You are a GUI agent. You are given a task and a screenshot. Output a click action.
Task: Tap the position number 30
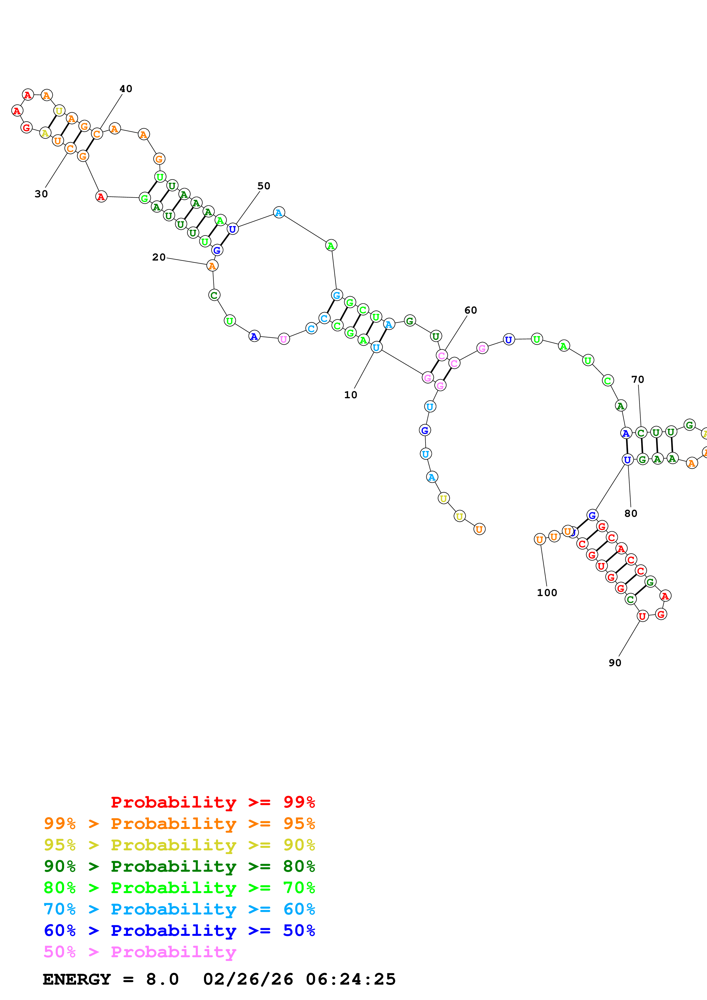[x=41, y=194]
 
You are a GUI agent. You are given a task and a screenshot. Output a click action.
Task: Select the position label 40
[x=126, y=89]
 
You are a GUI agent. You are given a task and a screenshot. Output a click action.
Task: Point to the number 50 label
[x=264, y=186]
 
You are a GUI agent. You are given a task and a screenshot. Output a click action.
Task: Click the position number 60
[x=471, y=310]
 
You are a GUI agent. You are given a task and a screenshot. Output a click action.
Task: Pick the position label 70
[x=637, y=379]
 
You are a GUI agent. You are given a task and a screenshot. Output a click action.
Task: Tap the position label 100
[x=547, y=592]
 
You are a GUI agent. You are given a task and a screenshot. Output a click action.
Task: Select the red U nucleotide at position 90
[x=642, y=616]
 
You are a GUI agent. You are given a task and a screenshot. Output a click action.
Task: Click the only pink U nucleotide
[x=283, y=339]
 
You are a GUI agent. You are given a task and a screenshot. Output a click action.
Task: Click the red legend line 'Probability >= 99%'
[x=212, y=802]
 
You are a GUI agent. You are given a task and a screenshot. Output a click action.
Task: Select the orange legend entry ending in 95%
[x=179, y=823]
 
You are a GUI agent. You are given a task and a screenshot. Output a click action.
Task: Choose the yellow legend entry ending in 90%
[x=179, y=845]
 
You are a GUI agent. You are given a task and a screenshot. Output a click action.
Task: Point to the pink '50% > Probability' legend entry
[x=140, y=951]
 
